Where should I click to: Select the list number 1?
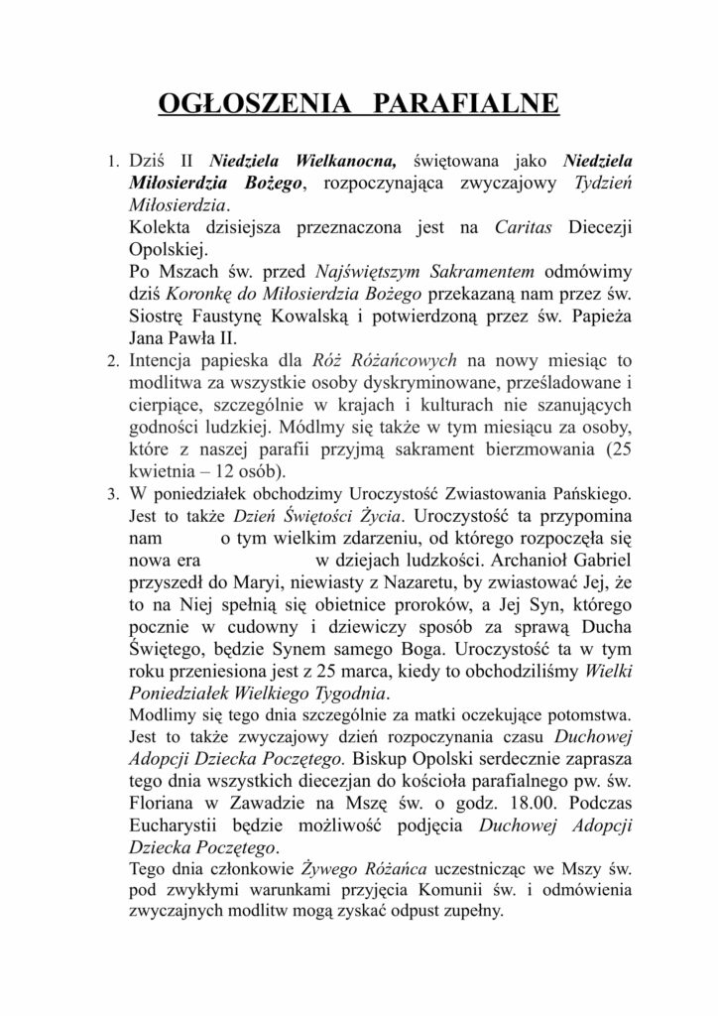[112, 161]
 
